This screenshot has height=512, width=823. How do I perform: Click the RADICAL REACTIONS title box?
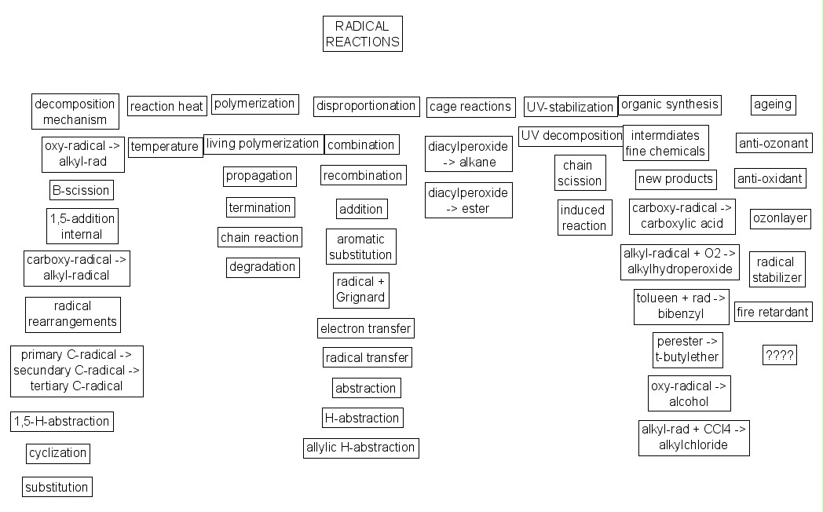click(x=362, y=34)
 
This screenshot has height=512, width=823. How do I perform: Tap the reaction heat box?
click(x=166, y=106)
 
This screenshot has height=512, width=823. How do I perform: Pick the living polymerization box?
click(x=263, y=144)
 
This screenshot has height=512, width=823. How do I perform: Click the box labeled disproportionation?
click(x=365, y=106)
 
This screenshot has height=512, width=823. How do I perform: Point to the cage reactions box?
click(x=470, y=107)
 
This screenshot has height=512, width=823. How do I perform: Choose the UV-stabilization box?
click(x=570, y=107)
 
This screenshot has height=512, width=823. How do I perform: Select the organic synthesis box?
click(x=669, y=104)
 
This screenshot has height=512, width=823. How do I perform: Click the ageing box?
click(x=773, y=104)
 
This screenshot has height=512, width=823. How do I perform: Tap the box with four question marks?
click(x=779, y=356)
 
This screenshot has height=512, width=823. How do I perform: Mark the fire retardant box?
click(x=772, y=312)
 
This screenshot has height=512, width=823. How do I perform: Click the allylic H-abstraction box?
click(x=360, y=448)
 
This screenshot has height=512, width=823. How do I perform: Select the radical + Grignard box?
click(x=361, y=290)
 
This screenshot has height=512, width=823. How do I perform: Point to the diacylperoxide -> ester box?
click(x=468, y=200)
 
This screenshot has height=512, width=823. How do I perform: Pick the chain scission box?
click(x=580, y=174)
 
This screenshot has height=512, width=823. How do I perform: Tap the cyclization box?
click(x=57, y=454)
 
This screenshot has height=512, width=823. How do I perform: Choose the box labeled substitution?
click(x=57, y=487)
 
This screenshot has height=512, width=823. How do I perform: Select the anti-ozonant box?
click(x=774, y=144)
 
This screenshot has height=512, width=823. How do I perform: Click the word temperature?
click(x=165, y=147)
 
